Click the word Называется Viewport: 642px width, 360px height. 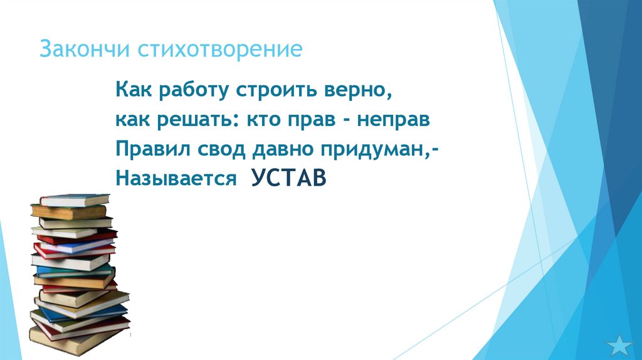pyautogui.click(x=174, y=179)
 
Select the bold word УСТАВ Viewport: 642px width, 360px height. pyautogui.click(x=289, y=177)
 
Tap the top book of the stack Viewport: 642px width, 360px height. pyautogui.click(x=73, y=199)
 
